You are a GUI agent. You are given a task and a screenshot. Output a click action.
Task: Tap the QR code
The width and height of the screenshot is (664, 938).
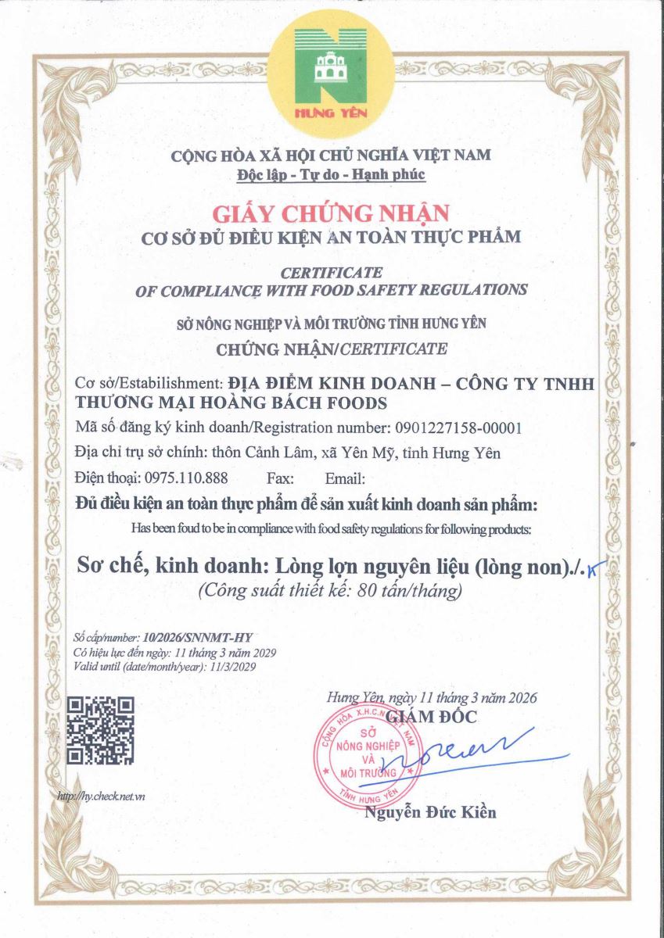[100, 730]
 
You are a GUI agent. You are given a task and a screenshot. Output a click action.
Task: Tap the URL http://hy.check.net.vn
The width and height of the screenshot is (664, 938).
[102, 796]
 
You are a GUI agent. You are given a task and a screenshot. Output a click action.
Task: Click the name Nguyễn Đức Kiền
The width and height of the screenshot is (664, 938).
[430, 812]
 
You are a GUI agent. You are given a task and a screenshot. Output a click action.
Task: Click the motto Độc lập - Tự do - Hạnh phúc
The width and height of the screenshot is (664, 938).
[332, 174]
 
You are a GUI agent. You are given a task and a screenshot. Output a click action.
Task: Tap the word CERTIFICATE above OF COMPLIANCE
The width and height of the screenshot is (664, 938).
[332, 272]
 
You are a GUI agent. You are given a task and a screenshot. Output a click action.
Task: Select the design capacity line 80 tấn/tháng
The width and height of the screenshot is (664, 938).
[331, 591]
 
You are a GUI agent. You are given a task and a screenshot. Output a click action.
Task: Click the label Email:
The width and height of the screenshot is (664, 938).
[344, 478]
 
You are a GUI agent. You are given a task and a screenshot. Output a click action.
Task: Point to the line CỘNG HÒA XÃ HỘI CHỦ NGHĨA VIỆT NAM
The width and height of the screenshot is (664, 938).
[332, 155]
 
